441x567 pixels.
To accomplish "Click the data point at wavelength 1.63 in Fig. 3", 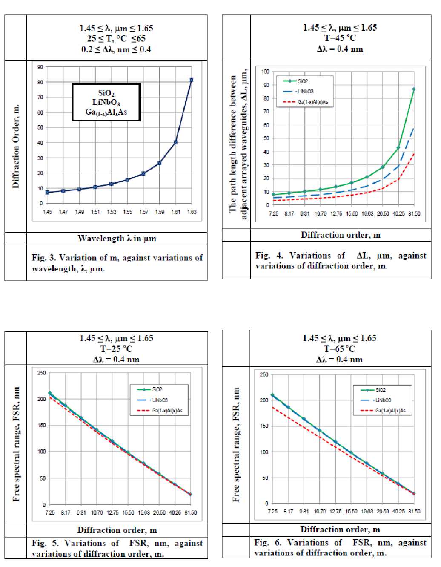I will click(x=192, y=80).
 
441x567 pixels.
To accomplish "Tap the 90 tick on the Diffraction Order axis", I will click(x=40, y=67).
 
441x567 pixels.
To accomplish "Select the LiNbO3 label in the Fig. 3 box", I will click(x=106, y=103).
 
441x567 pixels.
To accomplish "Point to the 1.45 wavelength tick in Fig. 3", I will click(x=47, y=212).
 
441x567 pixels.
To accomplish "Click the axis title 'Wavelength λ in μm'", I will click(x=117, y=239).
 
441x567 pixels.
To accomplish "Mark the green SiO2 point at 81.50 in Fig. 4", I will click(x=414, y=89).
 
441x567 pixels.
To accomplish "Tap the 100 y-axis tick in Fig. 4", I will click(x=265, y=72).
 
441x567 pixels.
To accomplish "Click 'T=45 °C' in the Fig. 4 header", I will click(x=340, y=38).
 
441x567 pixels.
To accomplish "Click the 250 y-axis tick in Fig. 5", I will click(x=41, y=373).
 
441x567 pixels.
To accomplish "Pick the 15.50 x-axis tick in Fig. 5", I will click(x=128, y=512).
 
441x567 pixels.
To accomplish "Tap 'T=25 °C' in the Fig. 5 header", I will click(x=116, y=348).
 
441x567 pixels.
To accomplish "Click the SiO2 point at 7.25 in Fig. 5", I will click(x=50, y=393).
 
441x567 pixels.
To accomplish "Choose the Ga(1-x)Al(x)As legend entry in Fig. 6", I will click(x=390, y=411).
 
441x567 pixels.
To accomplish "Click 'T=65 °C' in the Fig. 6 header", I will click(x=339, y=348).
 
